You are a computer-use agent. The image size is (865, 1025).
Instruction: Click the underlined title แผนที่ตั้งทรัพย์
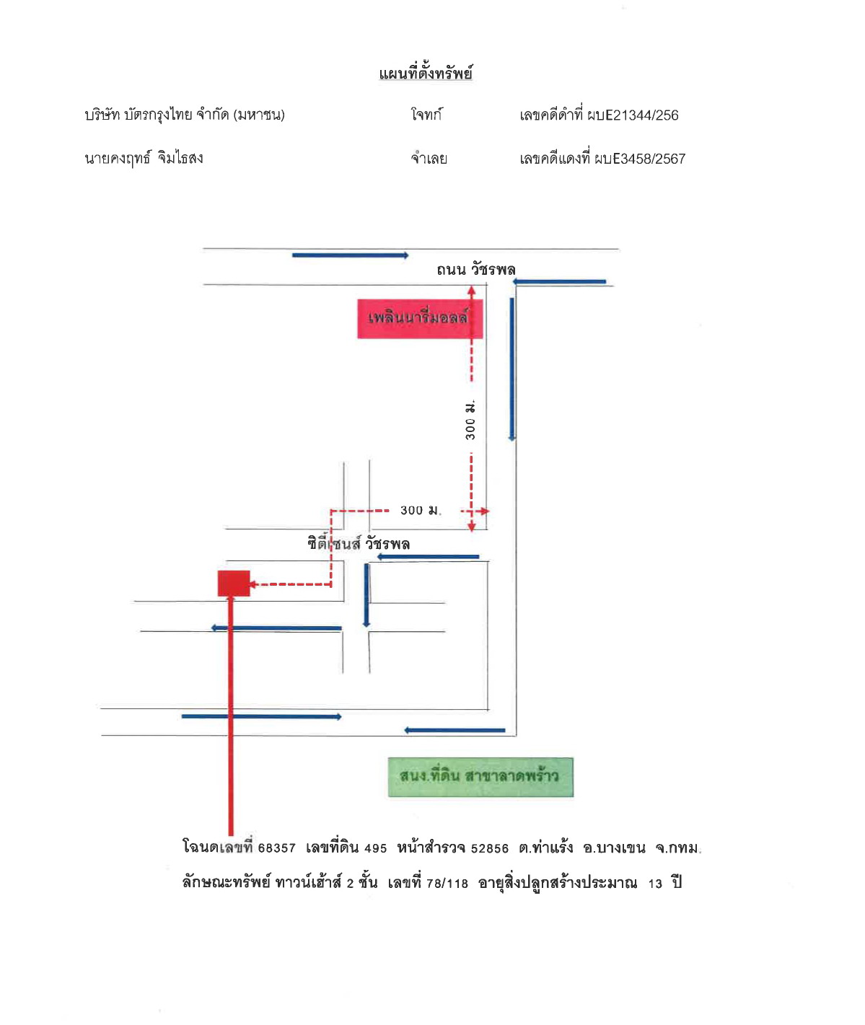click(426, 74)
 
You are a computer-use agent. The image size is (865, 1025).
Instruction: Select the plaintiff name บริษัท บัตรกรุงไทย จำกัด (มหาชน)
click(185, 115)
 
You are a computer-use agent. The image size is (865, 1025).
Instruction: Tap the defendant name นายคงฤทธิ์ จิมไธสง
click(144, 158)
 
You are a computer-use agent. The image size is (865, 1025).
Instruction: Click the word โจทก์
click(426, 115)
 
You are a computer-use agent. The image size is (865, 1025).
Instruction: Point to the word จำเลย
click(429, 159)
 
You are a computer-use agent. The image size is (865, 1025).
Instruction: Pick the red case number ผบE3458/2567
click(640, 159)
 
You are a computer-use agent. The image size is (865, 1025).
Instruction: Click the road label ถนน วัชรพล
click(475, 270)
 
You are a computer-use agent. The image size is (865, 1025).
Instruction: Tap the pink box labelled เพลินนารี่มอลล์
click(420, 319)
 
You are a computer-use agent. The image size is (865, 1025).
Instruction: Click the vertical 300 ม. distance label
click(470, 420)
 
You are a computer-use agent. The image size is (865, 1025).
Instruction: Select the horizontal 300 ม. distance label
click(421, 510)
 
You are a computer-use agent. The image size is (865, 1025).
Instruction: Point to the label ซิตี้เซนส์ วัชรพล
click(359, 543)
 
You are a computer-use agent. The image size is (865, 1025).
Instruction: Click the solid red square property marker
click(234, 583)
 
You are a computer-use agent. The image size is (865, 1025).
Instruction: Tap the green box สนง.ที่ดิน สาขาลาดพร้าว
click(480, 777)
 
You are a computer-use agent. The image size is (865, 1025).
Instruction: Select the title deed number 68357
click(277, 848)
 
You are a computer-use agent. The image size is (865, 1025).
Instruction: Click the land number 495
click(376, 848)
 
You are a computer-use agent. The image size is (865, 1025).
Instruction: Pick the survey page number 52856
click(489, 848)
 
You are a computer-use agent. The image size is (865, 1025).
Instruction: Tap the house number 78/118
click(447, 884)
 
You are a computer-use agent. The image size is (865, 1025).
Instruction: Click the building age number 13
click(655, 884)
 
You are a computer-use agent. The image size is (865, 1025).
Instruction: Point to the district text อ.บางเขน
click(614, 848)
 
